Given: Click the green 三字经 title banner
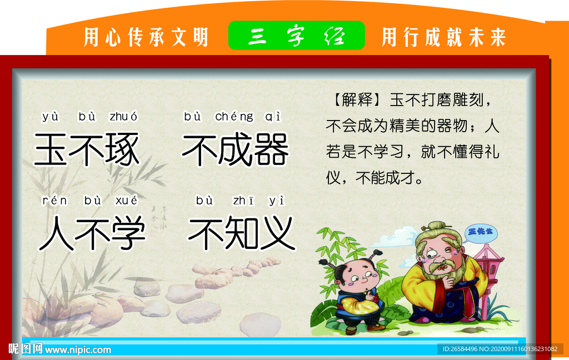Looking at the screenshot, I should point(297,36).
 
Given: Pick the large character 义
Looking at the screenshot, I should point(275,233).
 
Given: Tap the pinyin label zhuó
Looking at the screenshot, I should point(123,117).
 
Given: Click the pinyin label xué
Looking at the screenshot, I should point(126,201).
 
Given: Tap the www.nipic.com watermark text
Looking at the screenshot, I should point(78,349).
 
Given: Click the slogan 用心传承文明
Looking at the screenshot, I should point(146,37).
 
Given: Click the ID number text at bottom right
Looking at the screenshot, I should point(499,349).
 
